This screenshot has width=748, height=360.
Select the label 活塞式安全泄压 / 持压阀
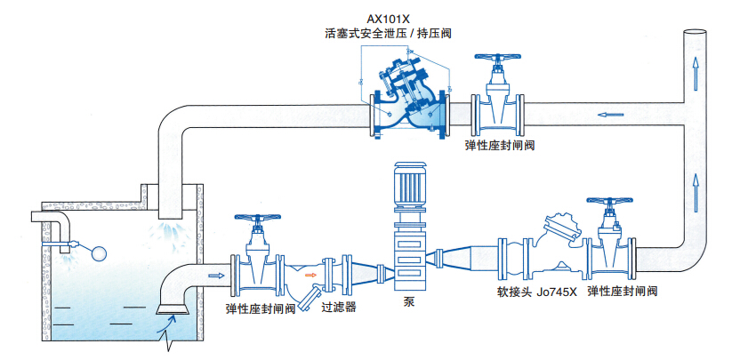[x=387, y=34]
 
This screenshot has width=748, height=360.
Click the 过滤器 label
[x=339, y=308]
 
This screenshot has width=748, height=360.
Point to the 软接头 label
[x=513, y=291]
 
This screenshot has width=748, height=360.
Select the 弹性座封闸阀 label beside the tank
[x=261, y=308]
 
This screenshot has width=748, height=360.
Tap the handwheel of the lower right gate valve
[x=610, y=201]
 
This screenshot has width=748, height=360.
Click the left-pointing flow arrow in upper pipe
[x=610, y=114]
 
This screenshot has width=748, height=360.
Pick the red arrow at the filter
[x=310, y=276]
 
